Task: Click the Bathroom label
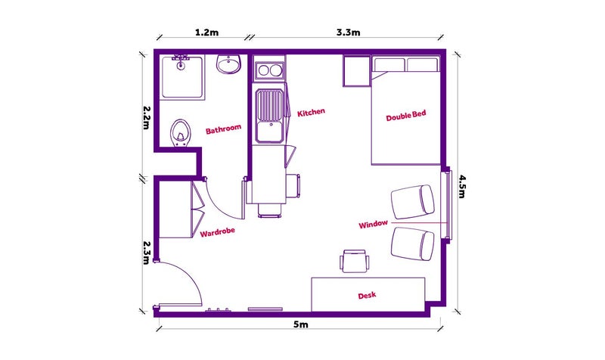pyautogui.click(x=223, y=129)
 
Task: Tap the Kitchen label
pyautogui.click(x=311, y=112)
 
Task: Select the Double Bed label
pyautogui.click(x=406, y=116)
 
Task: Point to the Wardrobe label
pyautogui.click(x=217, y=232)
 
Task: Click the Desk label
pyautogui.click(x=367, y=296)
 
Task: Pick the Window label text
pyautogui.click(x=373, y=224)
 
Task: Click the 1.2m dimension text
pyautogui.click(x=206, y=33)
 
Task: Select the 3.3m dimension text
pyautogui.click(x=348, y=33)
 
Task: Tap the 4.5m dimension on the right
pyautogui.click(x=462, y=186)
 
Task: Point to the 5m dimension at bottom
pyautogui.click(x=300, y=324)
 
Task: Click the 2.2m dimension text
pyautogui.click(x=146, y=118)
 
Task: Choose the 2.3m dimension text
pyautogui.click(x=146, y=253)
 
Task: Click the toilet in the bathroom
pyautogui.click(x=179, y=132)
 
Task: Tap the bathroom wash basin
pyautogui.click(x=228, y=64)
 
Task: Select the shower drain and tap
pyautogui.click(x=181, y=63)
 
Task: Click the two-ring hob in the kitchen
pyautogui.click(x=270, y=70)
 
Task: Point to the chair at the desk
pyautogui.click(x=355, y=261)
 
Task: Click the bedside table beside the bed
pyautogui.click(x=357, y=71)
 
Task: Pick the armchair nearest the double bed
pyautogui.click(x=413, y=202)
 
